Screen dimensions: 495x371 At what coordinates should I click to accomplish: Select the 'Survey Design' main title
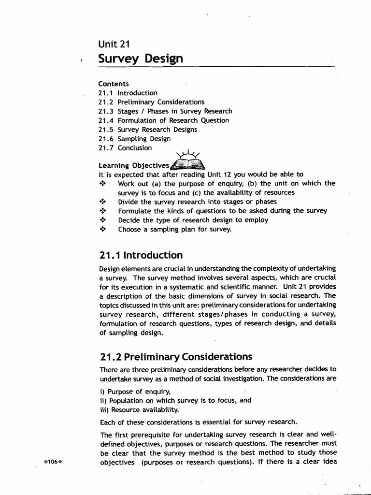pos(141,59)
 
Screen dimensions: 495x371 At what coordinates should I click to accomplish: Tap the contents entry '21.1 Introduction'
pos(128,93)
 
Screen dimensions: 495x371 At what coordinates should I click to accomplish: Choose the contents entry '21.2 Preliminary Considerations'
pos(151,102)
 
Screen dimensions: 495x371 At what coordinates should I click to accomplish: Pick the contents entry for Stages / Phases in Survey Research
pos(165,111)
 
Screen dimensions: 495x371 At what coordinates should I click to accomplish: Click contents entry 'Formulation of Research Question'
pos(163,120)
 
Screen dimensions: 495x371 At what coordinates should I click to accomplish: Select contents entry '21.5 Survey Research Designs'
pos(147,130)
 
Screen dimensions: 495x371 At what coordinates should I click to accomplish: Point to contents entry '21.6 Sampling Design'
pos(134,139)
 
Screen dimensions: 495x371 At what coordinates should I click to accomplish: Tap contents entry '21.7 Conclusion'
pos(125,148)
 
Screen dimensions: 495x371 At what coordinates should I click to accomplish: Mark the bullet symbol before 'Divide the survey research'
pos(102,202)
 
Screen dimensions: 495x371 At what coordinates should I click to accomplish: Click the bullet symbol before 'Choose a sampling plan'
pos(102,229)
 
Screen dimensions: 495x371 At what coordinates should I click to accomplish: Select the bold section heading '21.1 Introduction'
pos(141,255)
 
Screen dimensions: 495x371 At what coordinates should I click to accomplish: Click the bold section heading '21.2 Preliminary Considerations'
pos(175,357)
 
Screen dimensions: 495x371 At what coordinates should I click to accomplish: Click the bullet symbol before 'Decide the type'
pos(102,220)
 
